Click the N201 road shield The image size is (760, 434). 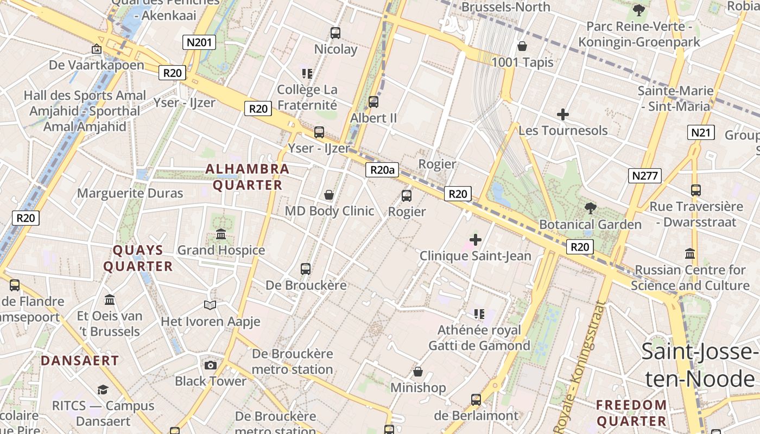coord(200,42)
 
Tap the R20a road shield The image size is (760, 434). coord(382,170)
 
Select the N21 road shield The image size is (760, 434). coord(701,132)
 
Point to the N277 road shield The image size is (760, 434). coord(645,175)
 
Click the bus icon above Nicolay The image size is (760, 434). coord(335,33)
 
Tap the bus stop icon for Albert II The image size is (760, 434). coord(373,101)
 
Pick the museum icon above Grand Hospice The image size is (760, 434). coord(221,234)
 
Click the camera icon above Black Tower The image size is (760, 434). coord(211,365)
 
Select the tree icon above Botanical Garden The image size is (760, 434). coord(590,208)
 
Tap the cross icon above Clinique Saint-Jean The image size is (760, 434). coord(476,239)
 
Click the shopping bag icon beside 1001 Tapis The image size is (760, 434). coord(522,46)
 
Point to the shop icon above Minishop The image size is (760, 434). coord(418,372)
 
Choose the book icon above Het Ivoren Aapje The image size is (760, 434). coord(210,305)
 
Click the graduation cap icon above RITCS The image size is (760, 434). coord(103,389)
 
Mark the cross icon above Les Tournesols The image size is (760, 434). coord(563,114)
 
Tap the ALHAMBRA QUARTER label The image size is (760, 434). coord(248,177)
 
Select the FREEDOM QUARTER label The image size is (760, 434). coord(631,412)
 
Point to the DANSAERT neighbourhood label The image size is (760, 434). coord(80,360)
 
